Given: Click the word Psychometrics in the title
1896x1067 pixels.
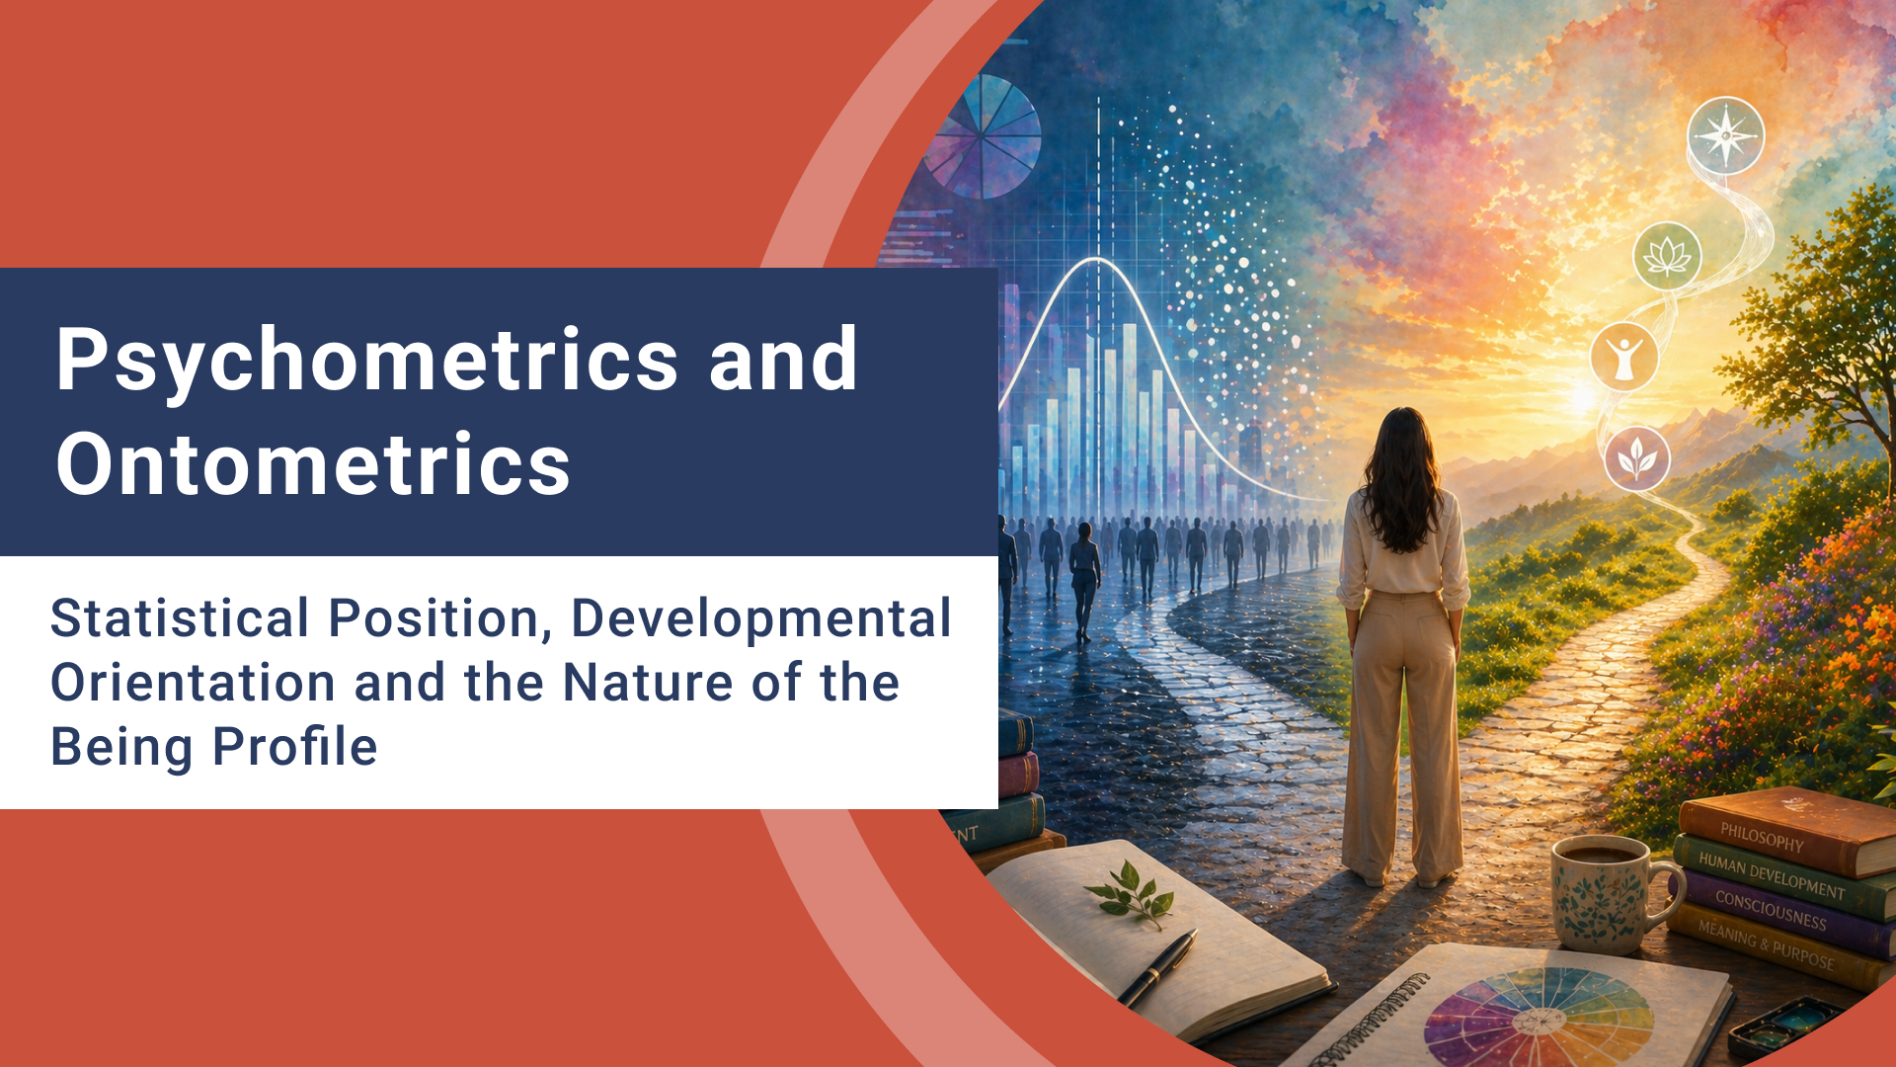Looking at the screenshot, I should coord(366,362).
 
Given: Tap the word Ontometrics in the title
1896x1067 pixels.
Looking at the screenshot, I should coord(313,464).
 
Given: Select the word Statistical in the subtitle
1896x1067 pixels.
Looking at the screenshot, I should coord(180,619).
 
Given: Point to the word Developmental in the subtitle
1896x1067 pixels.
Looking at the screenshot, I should coord(760,619).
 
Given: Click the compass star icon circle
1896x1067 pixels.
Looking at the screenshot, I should coord(1725,135).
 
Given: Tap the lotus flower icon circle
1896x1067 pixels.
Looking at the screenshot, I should coord(1667,256).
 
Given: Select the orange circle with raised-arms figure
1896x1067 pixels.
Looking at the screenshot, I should coord(1623,357).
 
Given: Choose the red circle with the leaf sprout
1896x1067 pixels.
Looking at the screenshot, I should coord(1636,458).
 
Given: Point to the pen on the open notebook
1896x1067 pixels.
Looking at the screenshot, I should coord(1158,969).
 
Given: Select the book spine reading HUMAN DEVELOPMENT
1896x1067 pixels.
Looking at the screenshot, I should coord(1771,876).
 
